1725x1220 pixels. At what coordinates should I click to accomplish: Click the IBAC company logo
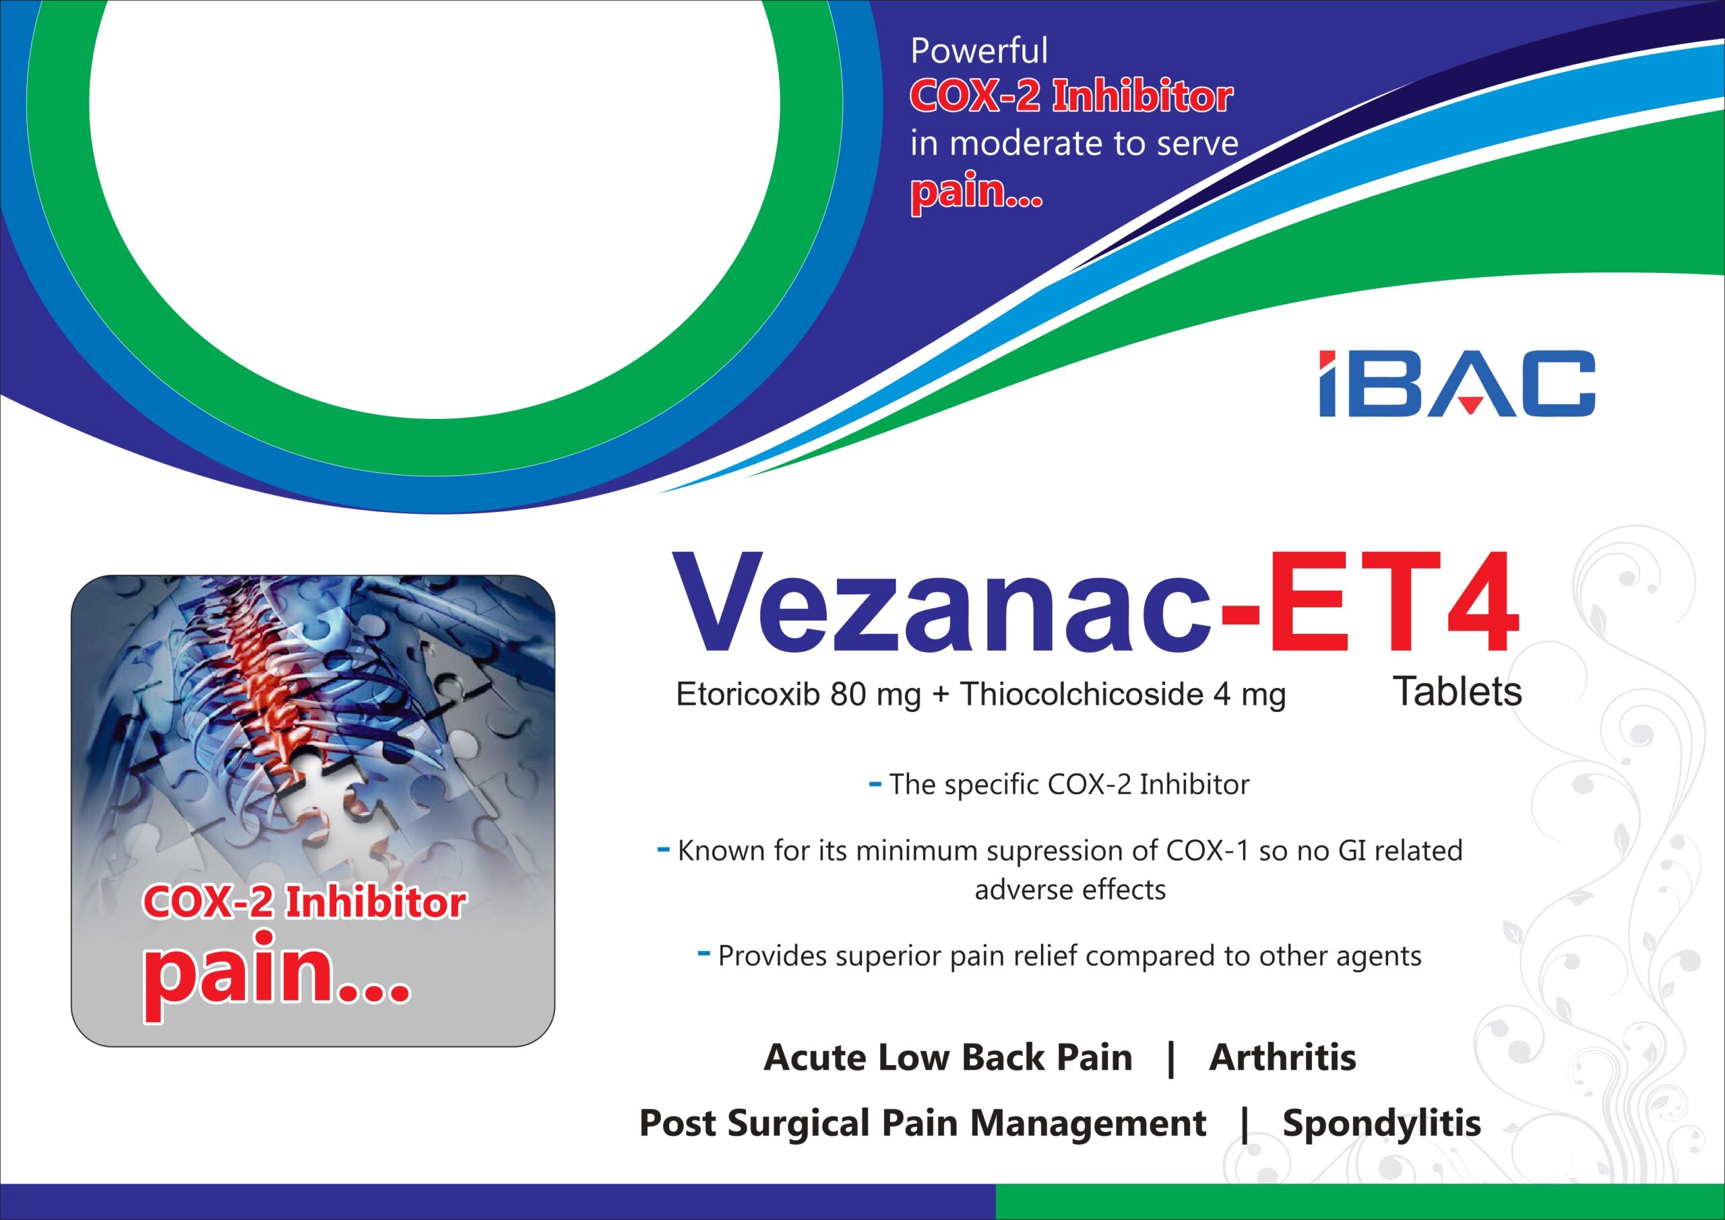click(1457, 383)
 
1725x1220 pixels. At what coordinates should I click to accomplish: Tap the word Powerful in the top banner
click(979, 51)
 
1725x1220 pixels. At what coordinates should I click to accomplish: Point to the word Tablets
click(1457, 692)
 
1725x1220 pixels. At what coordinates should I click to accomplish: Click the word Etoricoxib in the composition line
click(747, 694)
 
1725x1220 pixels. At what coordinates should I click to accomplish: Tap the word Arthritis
click(1282, 1058)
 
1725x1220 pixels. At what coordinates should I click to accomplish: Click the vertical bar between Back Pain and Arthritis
click(1170, 1059)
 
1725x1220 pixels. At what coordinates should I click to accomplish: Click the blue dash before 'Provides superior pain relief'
click(704, 954)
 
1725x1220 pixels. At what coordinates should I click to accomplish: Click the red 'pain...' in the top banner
click(976, 191)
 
